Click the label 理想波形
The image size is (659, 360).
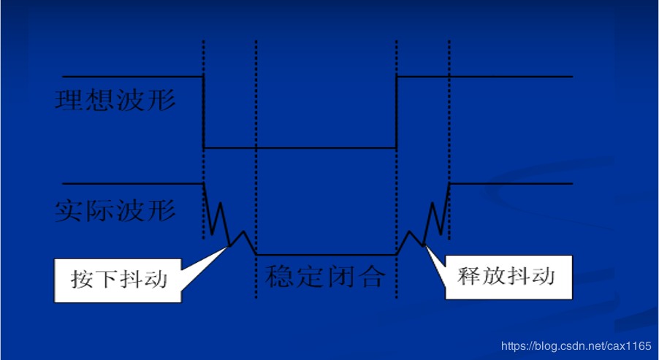click(x=115, y=99)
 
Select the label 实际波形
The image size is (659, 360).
click(x=115, y=210)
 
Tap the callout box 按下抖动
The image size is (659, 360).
click(x=119, y=279)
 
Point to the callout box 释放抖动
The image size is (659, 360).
click(x=506, y=276)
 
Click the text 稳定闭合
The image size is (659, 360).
click(x=325, y=275)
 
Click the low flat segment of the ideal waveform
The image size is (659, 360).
click(x=300, y=148)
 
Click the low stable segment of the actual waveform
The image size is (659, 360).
click(x=325, y=253)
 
